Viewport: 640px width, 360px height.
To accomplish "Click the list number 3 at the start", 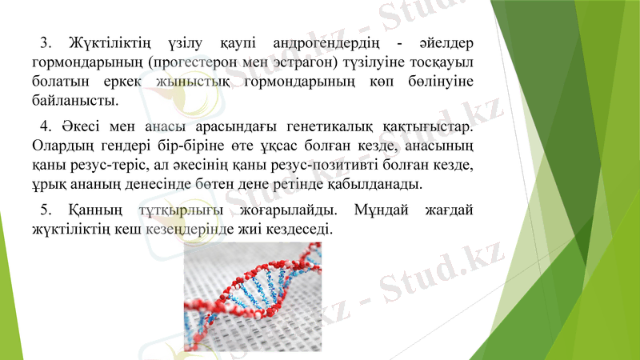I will click(x=45, y=41).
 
